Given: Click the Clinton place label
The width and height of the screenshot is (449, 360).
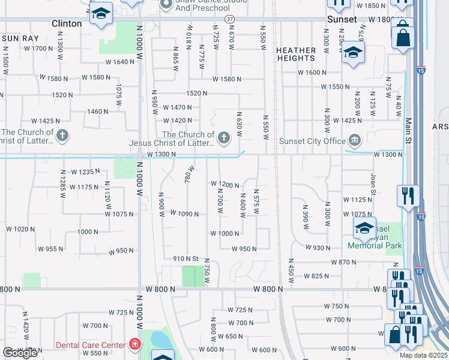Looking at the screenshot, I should pyautogui.click(x=67, y=23).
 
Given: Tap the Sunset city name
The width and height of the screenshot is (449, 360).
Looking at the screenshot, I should pyautogui.click(x=341, y=19).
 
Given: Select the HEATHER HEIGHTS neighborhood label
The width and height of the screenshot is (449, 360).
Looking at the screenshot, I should pyautogui.click(x=296, y=55).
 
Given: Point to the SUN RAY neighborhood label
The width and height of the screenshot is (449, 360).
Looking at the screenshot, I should pyautogui.click(x=20, y=38).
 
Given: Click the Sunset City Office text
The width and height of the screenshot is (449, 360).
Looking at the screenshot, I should pyautogui.click(x=313, y=141).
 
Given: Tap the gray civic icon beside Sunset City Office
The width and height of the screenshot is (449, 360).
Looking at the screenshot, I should pyautogui.click(x=355, y=141).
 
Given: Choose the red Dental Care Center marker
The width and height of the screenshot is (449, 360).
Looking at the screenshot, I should pyautogui.click(x=135, y=344).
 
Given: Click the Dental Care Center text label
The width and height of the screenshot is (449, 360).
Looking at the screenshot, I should pyautogui.click(x=91, y=344).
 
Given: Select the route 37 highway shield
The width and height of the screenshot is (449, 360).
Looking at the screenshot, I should pyautogui.click(x=230, y=19).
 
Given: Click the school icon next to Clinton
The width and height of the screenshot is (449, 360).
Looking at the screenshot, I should pyautogui.click(x=101, y=13).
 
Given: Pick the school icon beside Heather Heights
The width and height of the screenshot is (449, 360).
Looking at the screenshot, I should pyautogui.click(x=353, y=52).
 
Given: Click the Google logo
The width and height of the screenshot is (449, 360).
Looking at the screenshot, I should pyautogui.click(x=20, y=353).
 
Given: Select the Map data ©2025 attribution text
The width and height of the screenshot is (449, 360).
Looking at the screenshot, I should pyautogui.click(x=424, y=355).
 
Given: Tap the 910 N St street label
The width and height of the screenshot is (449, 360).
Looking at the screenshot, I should pyautogui.click(x=185, y=259).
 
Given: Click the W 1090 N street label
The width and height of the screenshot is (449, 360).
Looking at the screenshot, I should pyautogui.click(x=184, y=213).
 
